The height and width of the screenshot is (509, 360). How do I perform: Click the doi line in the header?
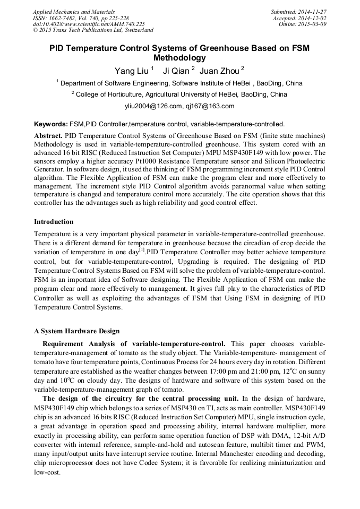click(x=89, y=24)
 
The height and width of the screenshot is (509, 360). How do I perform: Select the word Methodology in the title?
click(x=179, y=58)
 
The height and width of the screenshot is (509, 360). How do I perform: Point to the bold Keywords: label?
click(x=50, y=124)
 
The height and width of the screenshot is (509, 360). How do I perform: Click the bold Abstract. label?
click(x=48, y=136)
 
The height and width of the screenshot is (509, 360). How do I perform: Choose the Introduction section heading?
click(x=54, y=222)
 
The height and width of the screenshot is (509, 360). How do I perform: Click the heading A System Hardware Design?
click(x=77, y=331)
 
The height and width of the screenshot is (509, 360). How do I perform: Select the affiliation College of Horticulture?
click(x=109, y=94)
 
